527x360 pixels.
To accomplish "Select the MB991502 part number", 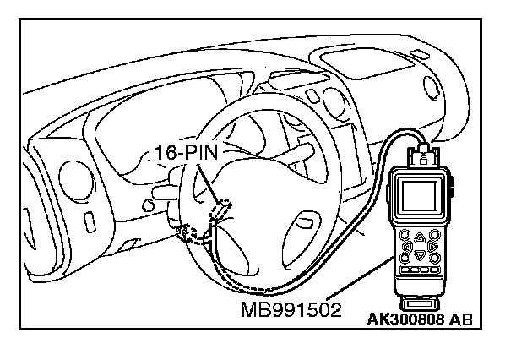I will pyautogui.click(x=291, y=308).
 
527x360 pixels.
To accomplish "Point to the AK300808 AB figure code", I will pyautogui.click(x=419, y=319).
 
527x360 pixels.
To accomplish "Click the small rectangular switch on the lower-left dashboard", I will pyautogui.click(x=89, y=222).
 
